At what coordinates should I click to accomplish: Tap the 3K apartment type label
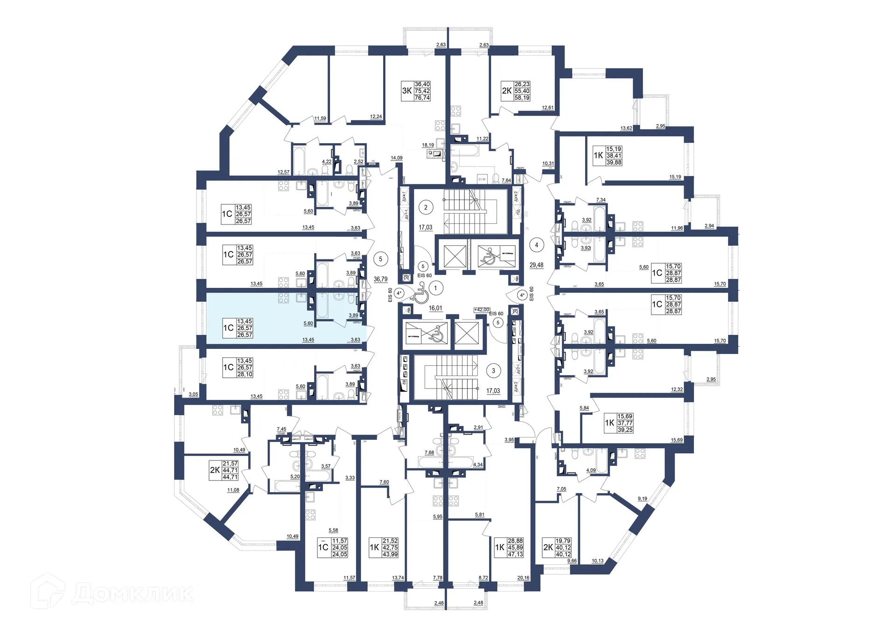pyautogui.click(x=407, y=91)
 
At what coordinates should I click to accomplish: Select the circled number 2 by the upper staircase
pyautogui.click(x=426, y=208)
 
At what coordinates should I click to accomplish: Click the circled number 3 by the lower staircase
pyautogui.click(x=493, y=371)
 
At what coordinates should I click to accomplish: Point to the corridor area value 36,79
pyautogui.click(x=380, y=279)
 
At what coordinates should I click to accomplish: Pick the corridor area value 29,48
pyautogui.click(x=536, y=265)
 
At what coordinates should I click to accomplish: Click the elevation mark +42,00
pyautogui.click(x=482, y=310)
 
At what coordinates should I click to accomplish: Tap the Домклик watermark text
pyautogui.click(x=133, y=594)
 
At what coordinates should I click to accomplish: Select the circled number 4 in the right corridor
pyautogui.click(x=537, y=245)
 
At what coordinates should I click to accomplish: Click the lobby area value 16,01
pyautogui.click(x=435, y=308)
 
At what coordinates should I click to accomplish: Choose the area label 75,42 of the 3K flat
pyautogui.click(x=422, y=91)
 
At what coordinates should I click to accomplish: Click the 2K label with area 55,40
pyautogui.click(x=506, y=91)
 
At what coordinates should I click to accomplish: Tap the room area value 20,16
pyautogui.click(x=523, y=578)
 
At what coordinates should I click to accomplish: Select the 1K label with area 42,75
pyautogui.click(x=374, y=548)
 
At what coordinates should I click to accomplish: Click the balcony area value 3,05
pyautogui.click(x=193, y=394)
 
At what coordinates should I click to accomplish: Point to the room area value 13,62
pyautogui.click(x=626, y=128)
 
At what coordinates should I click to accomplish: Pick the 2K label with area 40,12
pyautogui.click(x=548, y=548)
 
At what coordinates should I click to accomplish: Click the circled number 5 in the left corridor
pyautogui.click(x=381, y=259)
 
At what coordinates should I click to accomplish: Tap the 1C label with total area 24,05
pyautogui.click(x=323, y=548)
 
